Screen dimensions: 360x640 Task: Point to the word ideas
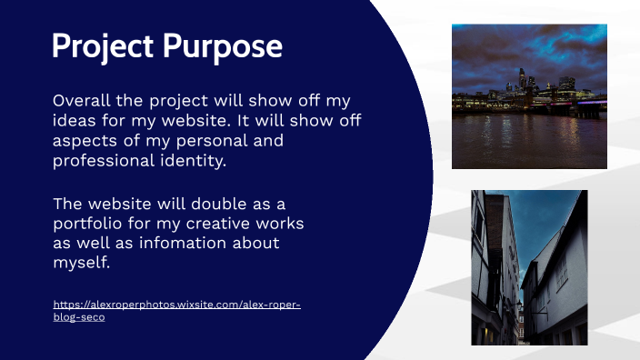[x=73, y=121]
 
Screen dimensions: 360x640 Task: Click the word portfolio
[x=89, y=224]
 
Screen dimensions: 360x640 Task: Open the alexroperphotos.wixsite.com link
[x=177, y=305]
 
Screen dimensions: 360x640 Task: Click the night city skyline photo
[x=529, y=96]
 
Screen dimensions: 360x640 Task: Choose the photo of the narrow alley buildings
[x=529, y=267]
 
